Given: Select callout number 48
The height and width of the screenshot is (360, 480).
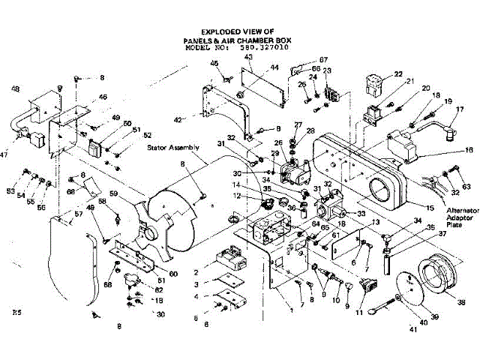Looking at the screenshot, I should tap(15, 89).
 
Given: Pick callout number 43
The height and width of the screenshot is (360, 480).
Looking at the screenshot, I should tap(248, 58).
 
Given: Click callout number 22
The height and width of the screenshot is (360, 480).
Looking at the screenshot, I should tap(398, 73).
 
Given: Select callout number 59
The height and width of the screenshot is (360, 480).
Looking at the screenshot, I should tap(115, 194).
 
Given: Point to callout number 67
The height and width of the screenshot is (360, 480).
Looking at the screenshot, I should tap(324, 59).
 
